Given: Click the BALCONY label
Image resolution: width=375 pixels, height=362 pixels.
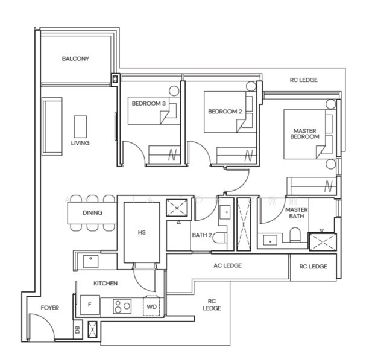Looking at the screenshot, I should pos(75,59).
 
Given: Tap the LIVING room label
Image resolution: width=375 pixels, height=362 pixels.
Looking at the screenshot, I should pos(80,143).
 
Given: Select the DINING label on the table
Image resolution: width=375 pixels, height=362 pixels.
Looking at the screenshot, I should pos(92,212).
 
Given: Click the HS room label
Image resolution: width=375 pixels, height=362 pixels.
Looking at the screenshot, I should pos(142,232).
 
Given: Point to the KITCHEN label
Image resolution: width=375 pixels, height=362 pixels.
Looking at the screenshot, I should pos(105,283).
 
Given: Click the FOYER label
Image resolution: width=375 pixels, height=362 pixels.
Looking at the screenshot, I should pos(49,308).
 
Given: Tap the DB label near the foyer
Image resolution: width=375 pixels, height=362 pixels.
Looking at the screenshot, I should pos(78,329).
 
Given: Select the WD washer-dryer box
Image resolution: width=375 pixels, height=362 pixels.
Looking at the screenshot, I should pos(151,306).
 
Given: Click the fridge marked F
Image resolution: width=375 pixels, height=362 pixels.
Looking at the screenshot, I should pos(89,305).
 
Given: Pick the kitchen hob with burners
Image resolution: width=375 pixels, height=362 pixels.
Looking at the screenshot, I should pos(122,306).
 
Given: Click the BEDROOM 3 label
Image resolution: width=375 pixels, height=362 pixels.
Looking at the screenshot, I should pos(148,104).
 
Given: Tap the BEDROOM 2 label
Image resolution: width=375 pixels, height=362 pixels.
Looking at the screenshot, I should pos(224,111).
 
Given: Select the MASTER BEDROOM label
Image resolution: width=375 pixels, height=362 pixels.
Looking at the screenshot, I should pos(305,133).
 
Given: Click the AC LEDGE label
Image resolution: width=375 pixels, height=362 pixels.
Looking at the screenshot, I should pos(227,265).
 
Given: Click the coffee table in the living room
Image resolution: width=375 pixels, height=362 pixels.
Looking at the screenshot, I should pos(80,127).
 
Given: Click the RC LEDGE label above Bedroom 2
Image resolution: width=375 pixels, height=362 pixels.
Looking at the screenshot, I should pos(303,80).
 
